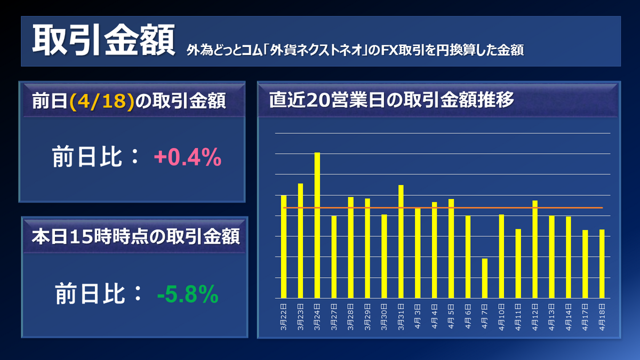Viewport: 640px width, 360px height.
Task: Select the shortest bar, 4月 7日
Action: (x=484, y=278)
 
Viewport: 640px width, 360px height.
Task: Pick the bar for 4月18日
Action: (x=602, y=263)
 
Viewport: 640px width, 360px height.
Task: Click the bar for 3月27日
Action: (x=334, y=257)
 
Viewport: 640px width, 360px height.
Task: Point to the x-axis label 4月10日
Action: (x=501, y=319)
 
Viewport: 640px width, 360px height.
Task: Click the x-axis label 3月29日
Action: (x=367, y=319)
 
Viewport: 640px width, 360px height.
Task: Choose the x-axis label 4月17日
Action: (x=585, y=319)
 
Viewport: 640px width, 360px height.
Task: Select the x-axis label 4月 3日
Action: (x=418, y=319)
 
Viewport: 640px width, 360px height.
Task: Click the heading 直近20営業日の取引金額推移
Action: (x=391, y=100)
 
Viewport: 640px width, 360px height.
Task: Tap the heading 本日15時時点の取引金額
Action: (x=135, y=236)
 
